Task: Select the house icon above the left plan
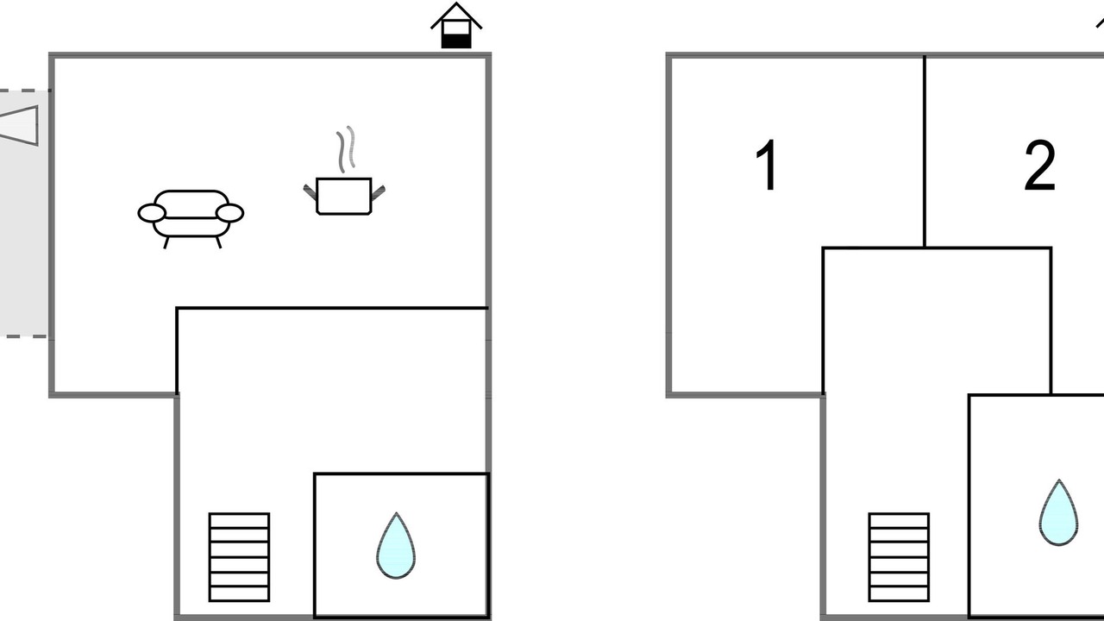point(456,26)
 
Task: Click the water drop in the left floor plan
point(396,546)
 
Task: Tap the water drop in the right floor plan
point(1058,512)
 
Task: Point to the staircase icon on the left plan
point(239,557)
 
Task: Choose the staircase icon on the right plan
point(899,557)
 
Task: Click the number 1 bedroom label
point(767,165)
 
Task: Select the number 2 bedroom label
point(1039,165)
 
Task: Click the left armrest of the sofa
point(151,213)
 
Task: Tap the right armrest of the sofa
point(229,213)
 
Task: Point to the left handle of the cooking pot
point(310,192)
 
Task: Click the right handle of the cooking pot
point(378,192)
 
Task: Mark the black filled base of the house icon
point(456,41)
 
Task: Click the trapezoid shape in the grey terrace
point(19,126)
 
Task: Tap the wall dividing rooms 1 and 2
point(924,151)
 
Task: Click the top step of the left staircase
point(239,520)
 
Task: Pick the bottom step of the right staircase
point(899,594)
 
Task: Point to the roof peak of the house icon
point(456,4)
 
